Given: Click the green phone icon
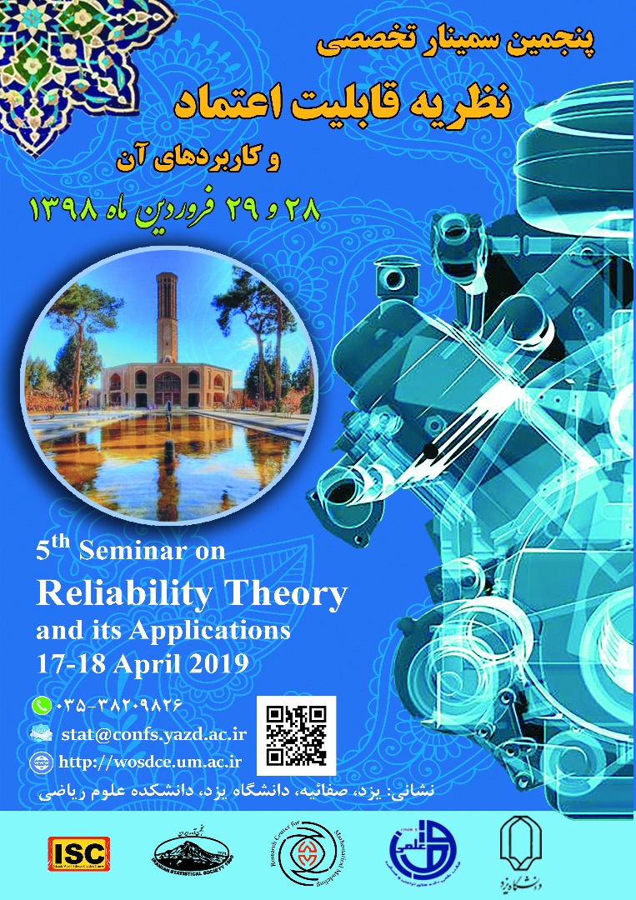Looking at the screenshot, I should click(x=41, y=705).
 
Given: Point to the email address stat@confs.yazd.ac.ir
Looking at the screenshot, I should click(x=152, y=733).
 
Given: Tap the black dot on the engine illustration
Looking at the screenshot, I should click(x=430, y=452).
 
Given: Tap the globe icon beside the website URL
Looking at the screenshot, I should click(x=40, y=761).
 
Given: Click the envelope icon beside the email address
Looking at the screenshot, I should click(x=41, y=733).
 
